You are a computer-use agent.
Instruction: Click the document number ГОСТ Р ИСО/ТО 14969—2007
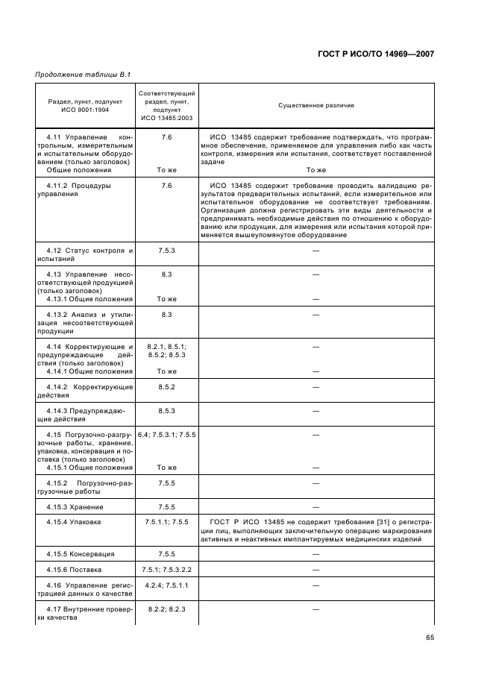click(x=374, y=54)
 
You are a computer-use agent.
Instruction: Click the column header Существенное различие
click(x=316, y=105)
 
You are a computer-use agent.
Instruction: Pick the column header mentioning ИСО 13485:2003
click(x=167, y=105)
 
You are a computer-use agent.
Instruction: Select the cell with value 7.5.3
click(x=167, y=250)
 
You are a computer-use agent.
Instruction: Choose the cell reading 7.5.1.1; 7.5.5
click(x=167, y=521)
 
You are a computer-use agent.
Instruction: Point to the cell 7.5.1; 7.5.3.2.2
click(x=167, y=569)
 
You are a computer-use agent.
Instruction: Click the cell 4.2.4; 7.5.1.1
click(x=167, y=585)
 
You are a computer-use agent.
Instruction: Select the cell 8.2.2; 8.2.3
click(x=167, y=609)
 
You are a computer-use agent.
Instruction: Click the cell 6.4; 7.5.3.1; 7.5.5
click(x=167, y=434)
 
